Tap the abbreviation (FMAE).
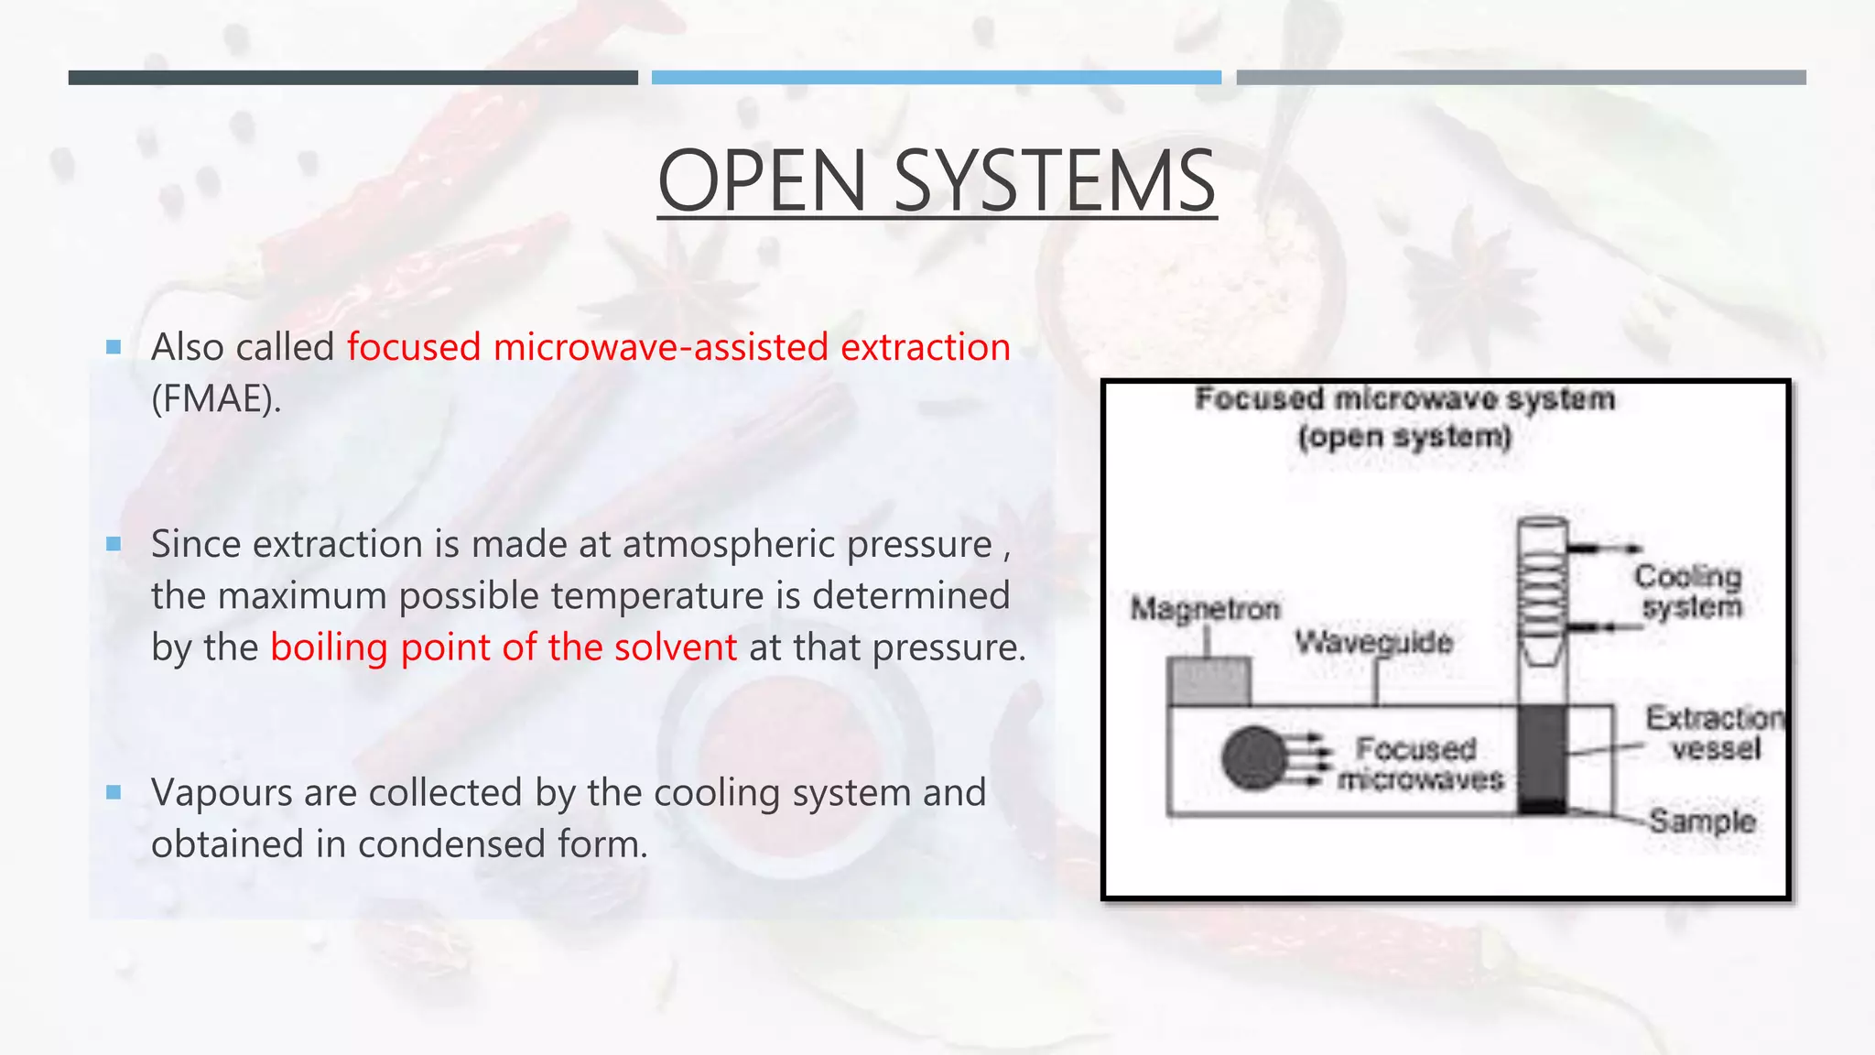(216, 399)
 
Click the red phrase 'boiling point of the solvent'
(504, 647)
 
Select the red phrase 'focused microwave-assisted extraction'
(678, 348)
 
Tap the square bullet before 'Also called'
(114, 347)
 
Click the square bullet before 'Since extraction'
(114, 544)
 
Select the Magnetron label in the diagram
(1205, 608)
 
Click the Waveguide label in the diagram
(1373, 642)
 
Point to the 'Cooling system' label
(1689, 592)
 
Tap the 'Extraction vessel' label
(1715, 733)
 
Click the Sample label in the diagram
(1702, 821)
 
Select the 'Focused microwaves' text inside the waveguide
(1418, 764)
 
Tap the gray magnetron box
(1209, 681)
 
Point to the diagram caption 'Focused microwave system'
(1405, 399)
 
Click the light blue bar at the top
(936, 78)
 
